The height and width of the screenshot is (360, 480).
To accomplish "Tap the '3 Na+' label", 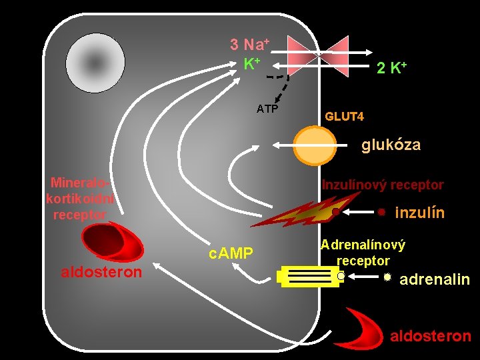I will (249, 45).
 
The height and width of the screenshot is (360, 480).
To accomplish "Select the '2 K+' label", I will (391, 67).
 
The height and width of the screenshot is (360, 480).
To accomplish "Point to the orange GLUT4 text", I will (345, 117).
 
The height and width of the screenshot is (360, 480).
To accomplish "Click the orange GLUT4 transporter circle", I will (315, 145).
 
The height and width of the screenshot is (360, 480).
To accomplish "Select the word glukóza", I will (391, 145).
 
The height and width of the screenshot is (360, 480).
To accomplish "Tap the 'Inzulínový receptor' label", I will (383, 185).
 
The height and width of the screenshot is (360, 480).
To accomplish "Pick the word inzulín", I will (420, 213).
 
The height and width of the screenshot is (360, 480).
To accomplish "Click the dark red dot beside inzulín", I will (381, 213).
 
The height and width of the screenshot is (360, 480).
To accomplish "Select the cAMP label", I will (231, 253).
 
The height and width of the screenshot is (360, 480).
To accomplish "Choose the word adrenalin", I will (435, 279).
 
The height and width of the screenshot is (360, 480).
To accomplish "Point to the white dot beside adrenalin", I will (387, 276).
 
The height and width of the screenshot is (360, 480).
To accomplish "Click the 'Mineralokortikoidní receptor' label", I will (80, 198).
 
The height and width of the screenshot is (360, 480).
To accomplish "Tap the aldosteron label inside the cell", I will (101, 272).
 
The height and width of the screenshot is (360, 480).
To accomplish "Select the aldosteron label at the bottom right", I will (430, 336).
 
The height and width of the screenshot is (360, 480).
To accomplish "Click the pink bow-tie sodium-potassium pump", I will (319, 53).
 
